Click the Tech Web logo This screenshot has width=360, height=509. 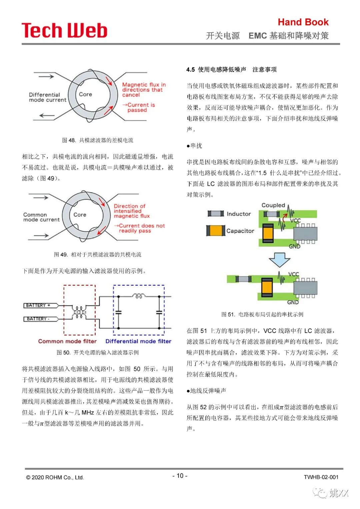coord(64,30)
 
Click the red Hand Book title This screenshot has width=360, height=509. coord(303,22)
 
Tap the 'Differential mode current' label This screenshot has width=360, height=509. coord(47,97)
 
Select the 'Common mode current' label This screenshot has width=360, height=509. coord(41,217)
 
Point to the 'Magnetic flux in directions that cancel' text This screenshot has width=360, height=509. coord(143,90)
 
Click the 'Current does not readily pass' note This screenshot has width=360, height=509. coord(141,228)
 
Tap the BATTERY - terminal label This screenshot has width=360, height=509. coord(38,319)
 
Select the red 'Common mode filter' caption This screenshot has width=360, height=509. coord(67,341)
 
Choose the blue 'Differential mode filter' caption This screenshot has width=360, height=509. coord(138,341)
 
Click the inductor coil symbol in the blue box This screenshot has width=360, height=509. coord(139,296)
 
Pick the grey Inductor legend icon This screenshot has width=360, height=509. coord(216,214)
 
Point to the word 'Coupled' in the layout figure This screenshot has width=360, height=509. coord(273,205)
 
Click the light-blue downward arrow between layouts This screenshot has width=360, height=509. coord(279,260)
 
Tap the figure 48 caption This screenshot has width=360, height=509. coord(98,140)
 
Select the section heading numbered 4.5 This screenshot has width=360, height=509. coord(231,69)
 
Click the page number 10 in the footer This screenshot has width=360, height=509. coord(180,476)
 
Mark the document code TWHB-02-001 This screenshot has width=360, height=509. coord(321,477)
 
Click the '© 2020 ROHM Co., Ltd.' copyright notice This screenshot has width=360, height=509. coord(55,477)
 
